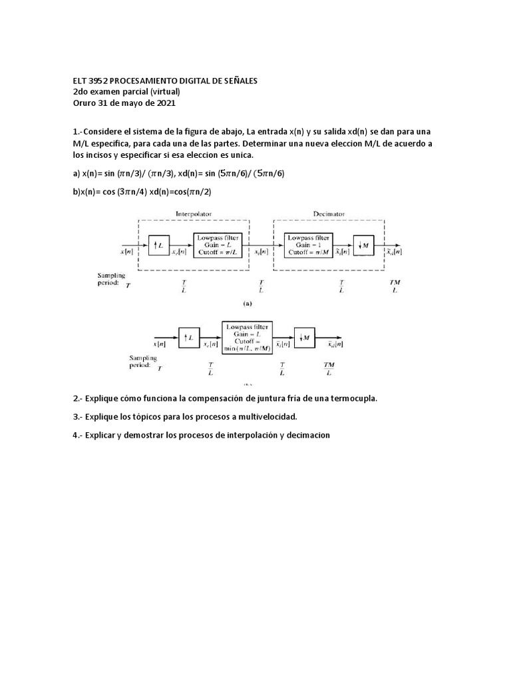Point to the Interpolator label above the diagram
click(194, 214)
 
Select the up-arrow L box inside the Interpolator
click(158, 246)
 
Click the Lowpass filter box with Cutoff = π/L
click(215, 245)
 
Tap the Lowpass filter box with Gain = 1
click(307, 245)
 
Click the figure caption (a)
click(247, 302)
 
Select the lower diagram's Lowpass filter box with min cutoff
click(246, 338)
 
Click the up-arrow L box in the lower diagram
click(188, 338)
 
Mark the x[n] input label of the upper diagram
click(126, 252)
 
